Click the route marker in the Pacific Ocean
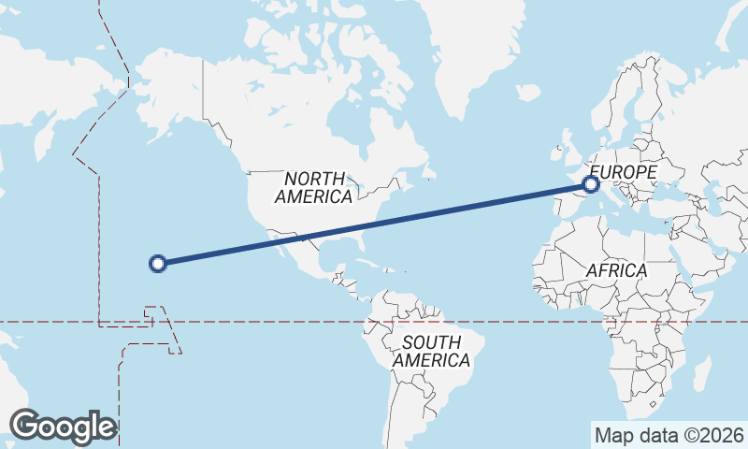click(158, 264)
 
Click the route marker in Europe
click(591, 184)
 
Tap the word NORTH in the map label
click(315, 179)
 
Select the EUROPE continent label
click(624, 172)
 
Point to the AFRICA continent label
click(616, 270)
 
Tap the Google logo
click(63, 427)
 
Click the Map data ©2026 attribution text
click(669, 435)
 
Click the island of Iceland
click(528, 93)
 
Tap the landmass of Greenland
click(467, 47)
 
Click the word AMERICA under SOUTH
click(431, 361)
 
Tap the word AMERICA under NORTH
click(313, 197)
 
